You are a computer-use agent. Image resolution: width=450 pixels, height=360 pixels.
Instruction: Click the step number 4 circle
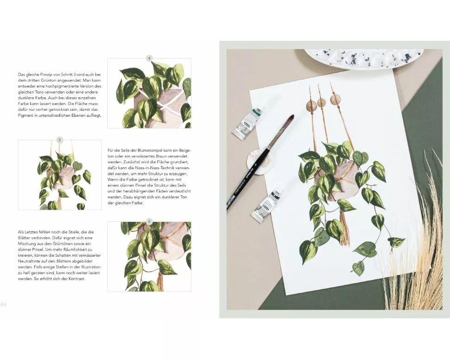[149, 58]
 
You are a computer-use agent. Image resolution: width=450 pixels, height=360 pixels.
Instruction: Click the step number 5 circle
[60, 140]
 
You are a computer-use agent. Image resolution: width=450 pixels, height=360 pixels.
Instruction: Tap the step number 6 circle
[149, 221]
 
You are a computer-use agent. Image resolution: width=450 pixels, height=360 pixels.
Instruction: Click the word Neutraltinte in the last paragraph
[28, 261]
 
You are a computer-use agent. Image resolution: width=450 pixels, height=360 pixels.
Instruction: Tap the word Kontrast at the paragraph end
[77, 279]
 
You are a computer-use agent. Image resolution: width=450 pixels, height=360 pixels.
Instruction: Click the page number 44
[3, 304]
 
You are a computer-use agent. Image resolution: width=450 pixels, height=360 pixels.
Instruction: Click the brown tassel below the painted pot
[344, 227]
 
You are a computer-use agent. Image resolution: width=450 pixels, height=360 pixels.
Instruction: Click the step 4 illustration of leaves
[149, 94]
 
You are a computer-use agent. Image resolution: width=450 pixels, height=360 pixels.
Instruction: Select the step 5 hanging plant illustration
[60, 175]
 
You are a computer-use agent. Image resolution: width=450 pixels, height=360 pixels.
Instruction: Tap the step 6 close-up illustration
[149, 257]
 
